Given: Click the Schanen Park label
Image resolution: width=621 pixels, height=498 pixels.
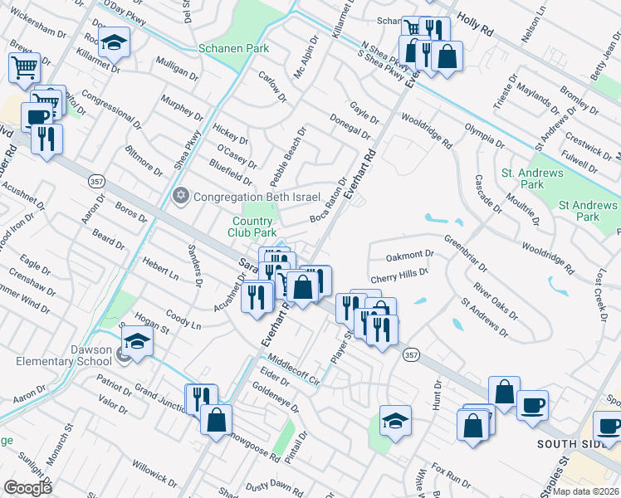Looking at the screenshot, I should (x=234, y=48).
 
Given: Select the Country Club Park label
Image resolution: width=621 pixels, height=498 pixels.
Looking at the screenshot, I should (x=252, y=227).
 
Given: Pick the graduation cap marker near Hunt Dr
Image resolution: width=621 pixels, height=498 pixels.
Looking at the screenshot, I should (x=396, y=420).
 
